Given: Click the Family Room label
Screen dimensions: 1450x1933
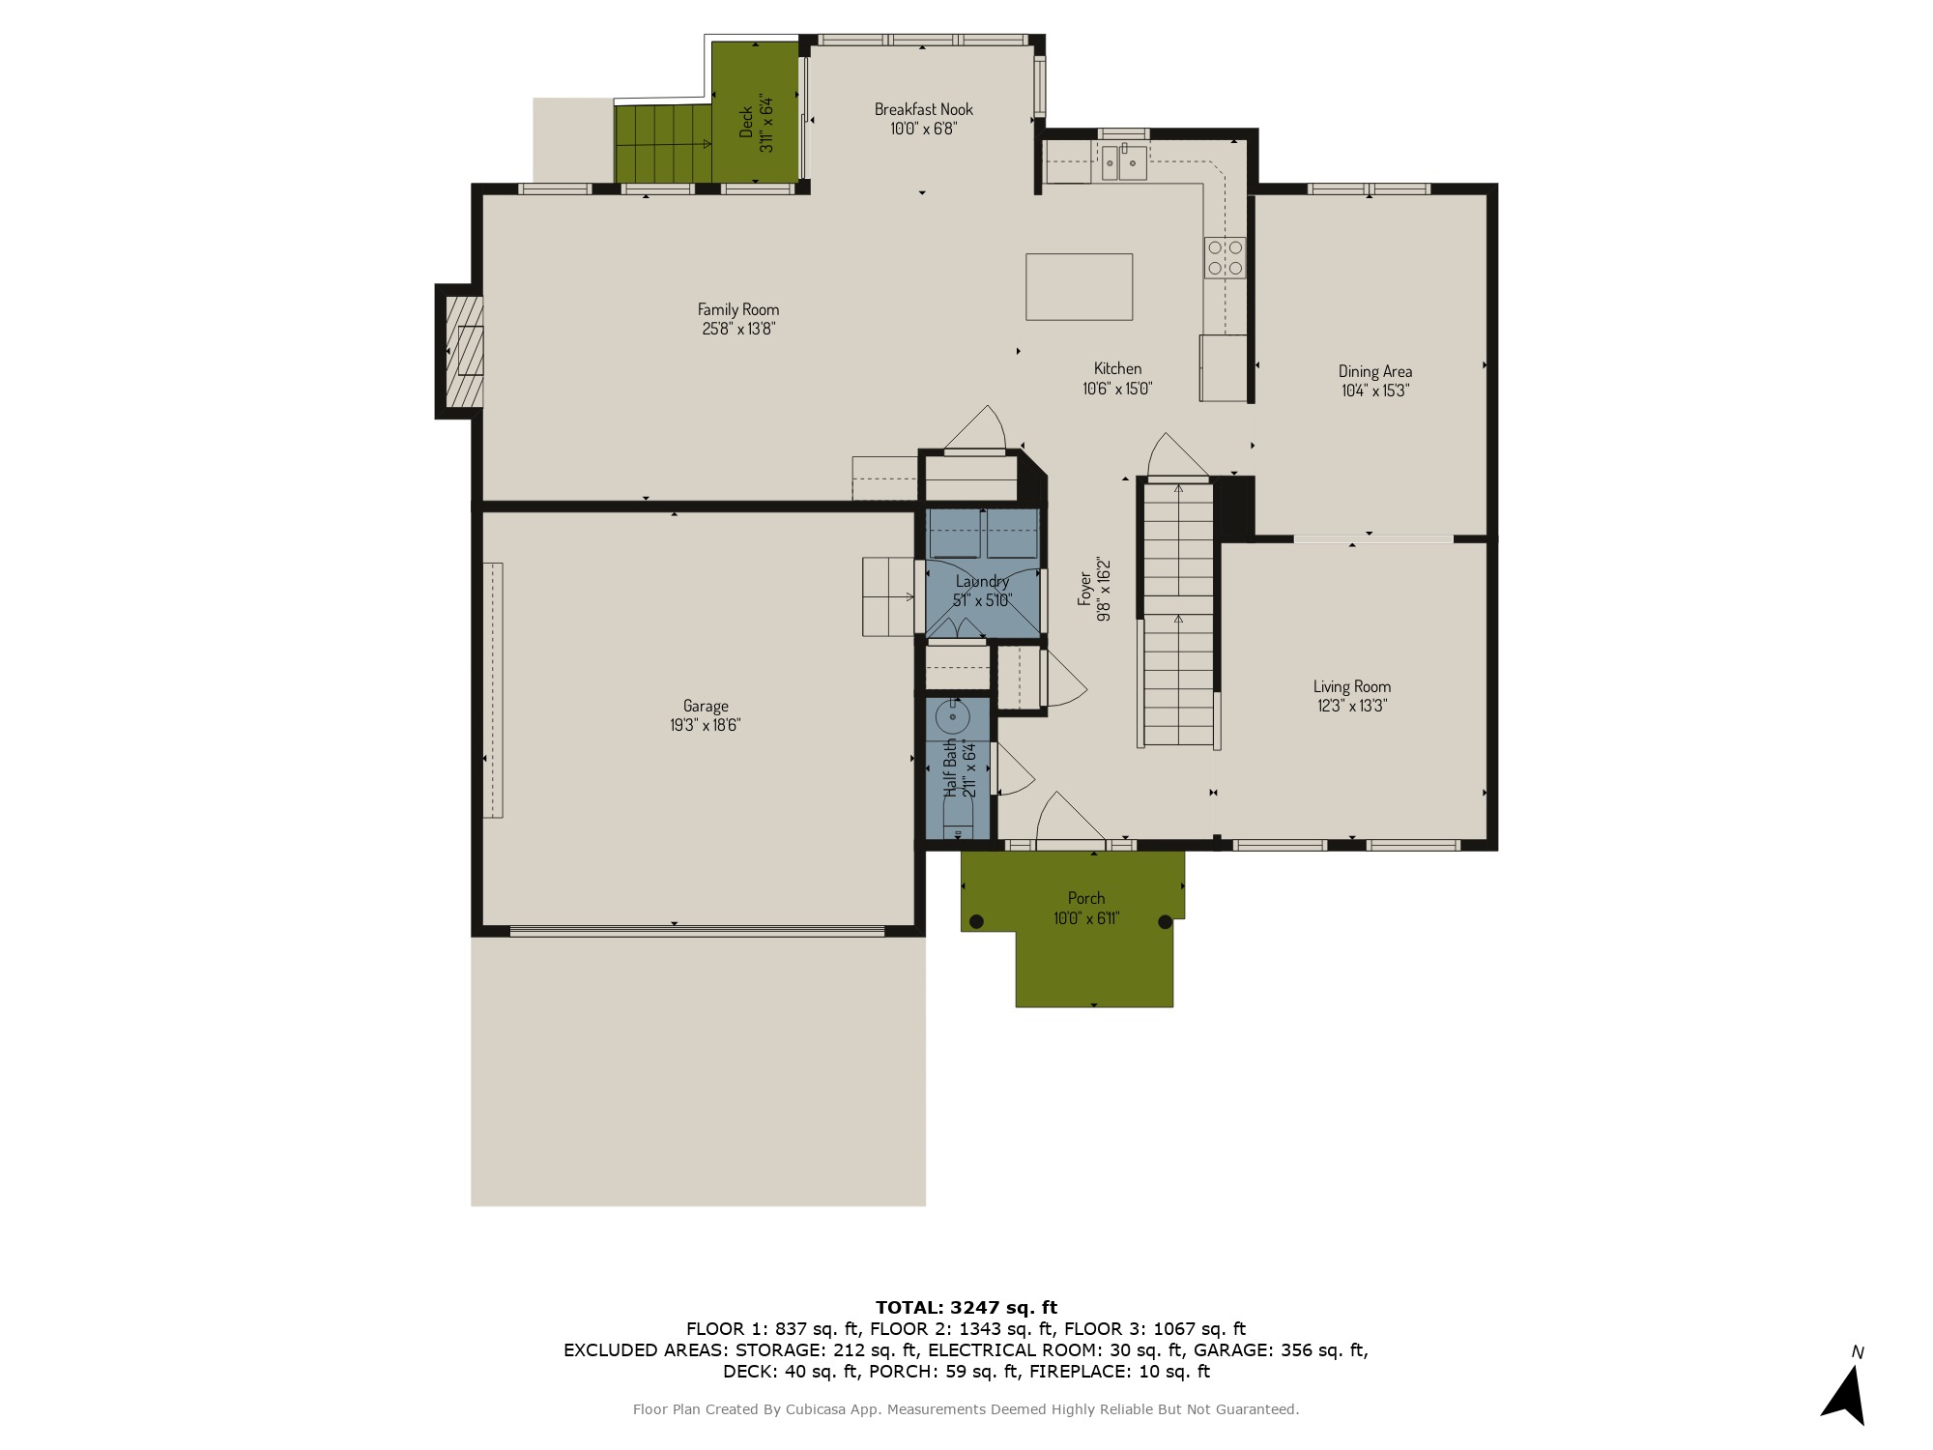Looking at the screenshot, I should (738, 309).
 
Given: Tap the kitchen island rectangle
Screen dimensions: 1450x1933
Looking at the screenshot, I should (1079, 286).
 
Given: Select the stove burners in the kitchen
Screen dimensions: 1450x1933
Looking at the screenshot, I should (1225, 257).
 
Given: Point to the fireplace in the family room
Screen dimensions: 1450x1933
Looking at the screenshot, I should (464, 350).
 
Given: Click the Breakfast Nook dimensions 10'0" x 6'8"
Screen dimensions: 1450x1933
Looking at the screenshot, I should (923, 129).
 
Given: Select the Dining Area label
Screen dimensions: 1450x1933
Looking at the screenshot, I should (1374, 371).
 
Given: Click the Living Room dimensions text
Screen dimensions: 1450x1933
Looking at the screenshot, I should (1351, 706).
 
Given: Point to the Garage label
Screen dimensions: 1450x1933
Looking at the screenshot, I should (705, 706).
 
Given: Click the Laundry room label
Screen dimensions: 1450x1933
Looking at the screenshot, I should (982, 581).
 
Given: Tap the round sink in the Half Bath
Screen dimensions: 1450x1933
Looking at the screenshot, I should (953, 717).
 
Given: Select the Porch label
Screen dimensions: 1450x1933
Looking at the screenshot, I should (1086, 898).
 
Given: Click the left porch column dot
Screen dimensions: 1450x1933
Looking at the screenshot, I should (976, 921).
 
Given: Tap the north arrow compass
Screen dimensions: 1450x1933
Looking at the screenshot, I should (1846, 1392).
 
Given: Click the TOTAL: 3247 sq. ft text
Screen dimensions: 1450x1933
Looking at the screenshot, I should (966, 1308).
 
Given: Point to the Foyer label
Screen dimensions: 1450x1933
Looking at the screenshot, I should (1085, 588).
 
